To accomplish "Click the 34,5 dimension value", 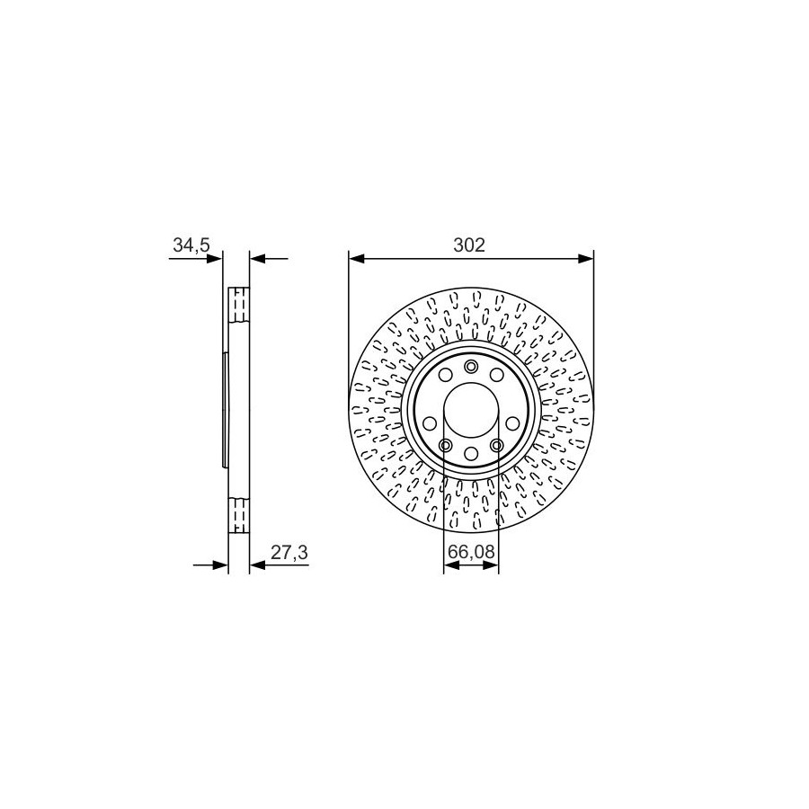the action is click(x=191, y=245).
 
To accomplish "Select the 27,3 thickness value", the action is click(x=289, y=553).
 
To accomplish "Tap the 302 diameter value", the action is click(x=469, y=245).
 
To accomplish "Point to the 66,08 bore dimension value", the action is click(x=471, y=552).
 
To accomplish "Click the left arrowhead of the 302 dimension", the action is click(x=357, y=259).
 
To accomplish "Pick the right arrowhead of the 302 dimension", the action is click(x=586, y=259).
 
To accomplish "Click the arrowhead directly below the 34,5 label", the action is click(x=214, y=259).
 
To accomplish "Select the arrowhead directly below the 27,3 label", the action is click(x=257, y=565).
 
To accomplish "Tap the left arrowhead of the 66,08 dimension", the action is click(x=451, y=565).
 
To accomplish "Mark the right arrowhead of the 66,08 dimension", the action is click(x=491, y=565).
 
